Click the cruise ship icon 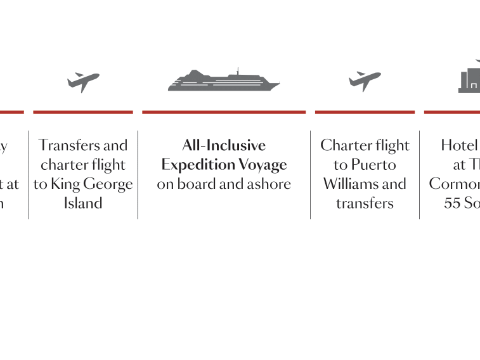(223, 82)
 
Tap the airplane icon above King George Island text (83, 82)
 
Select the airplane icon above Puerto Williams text (365, 82)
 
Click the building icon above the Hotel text (469, 80)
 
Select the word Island (83, 203)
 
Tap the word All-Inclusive (224, 145)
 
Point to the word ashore (269, 184)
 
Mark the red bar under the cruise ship (224, 112)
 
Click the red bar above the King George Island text (83, 112)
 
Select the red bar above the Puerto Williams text (365, 112)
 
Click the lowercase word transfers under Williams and (365, 203)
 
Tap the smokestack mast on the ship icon (238, 71)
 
